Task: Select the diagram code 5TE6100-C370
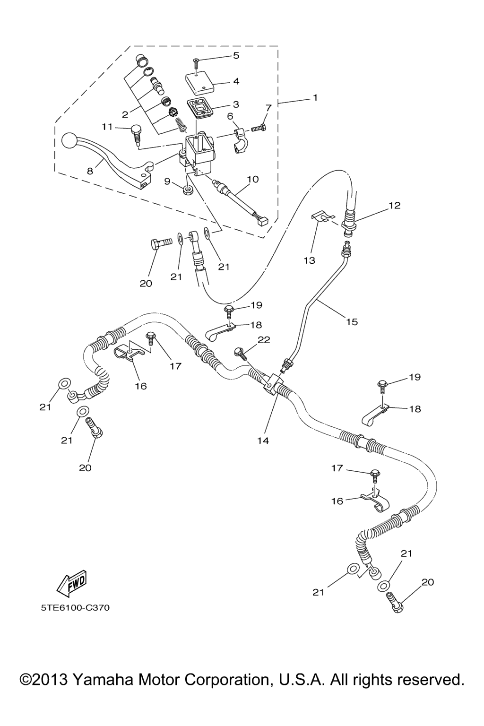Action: (x=75, y=607)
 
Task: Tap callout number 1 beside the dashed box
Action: (x=315, y=98)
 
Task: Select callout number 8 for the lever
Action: (x=90, y=172)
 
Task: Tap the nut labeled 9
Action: (x=188, y=190)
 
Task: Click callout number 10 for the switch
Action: (x=253, y=179)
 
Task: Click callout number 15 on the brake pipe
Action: (x=352, y=322)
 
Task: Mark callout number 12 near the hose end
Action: (x=394, y=205)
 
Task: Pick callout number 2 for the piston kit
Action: (x=125, y=114)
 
